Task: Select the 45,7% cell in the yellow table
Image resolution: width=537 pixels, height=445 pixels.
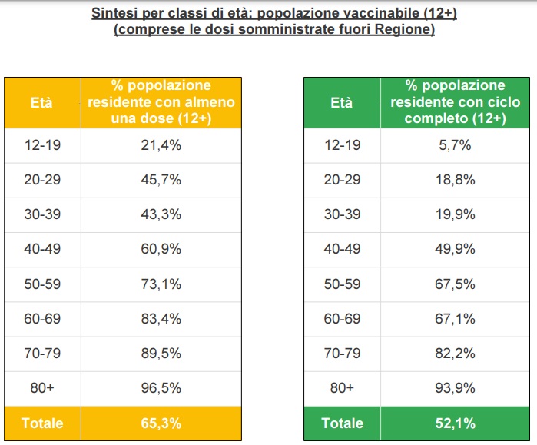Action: [161, 180]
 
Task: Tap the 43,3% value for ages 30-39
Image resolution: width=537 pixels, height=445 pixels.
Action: [161, 214]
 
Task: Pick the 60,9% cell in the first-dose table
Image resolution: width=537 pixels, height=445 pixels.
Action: [161, 249]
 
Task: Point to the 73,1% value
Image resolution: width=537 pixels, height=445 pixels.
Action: [161, 284]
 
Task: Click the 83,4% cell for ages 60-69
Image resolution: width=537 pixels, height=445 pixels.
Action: [161, 318]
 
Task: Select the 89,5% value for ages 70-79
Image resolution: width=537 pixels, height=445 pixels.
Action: [161, 354]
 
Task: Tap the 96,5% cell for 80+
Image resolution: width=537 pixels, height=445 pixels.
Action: [161, 388]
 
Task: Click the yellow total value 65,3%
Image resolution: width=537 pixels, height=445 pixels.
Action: [161, 423]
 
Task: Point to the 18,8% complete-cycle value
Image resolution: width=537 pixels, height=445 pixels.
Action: [456, 180]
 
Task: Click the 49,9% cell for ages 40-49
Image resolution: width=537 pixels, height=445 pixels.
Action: [456, 249]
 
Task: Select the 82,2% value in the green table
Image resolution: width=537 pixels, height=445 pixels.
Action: [456, 354]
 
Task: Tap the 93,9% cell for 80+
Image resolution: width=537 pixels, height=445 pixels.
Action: [456, 388]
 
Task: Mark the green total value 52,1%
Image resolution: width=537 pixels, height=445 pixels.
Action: [456, 423]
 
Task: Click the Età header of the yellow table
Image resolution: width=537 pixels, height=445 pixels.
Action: [41, 102]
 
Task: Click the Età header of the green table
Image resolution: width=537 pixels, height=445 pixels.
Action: [342, 102]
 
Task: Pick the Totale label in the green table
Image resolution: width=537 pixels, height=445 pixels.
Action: [342, 423]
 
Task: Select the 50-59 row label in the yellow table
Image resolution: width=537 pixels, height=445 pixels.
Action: [41, 284]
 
